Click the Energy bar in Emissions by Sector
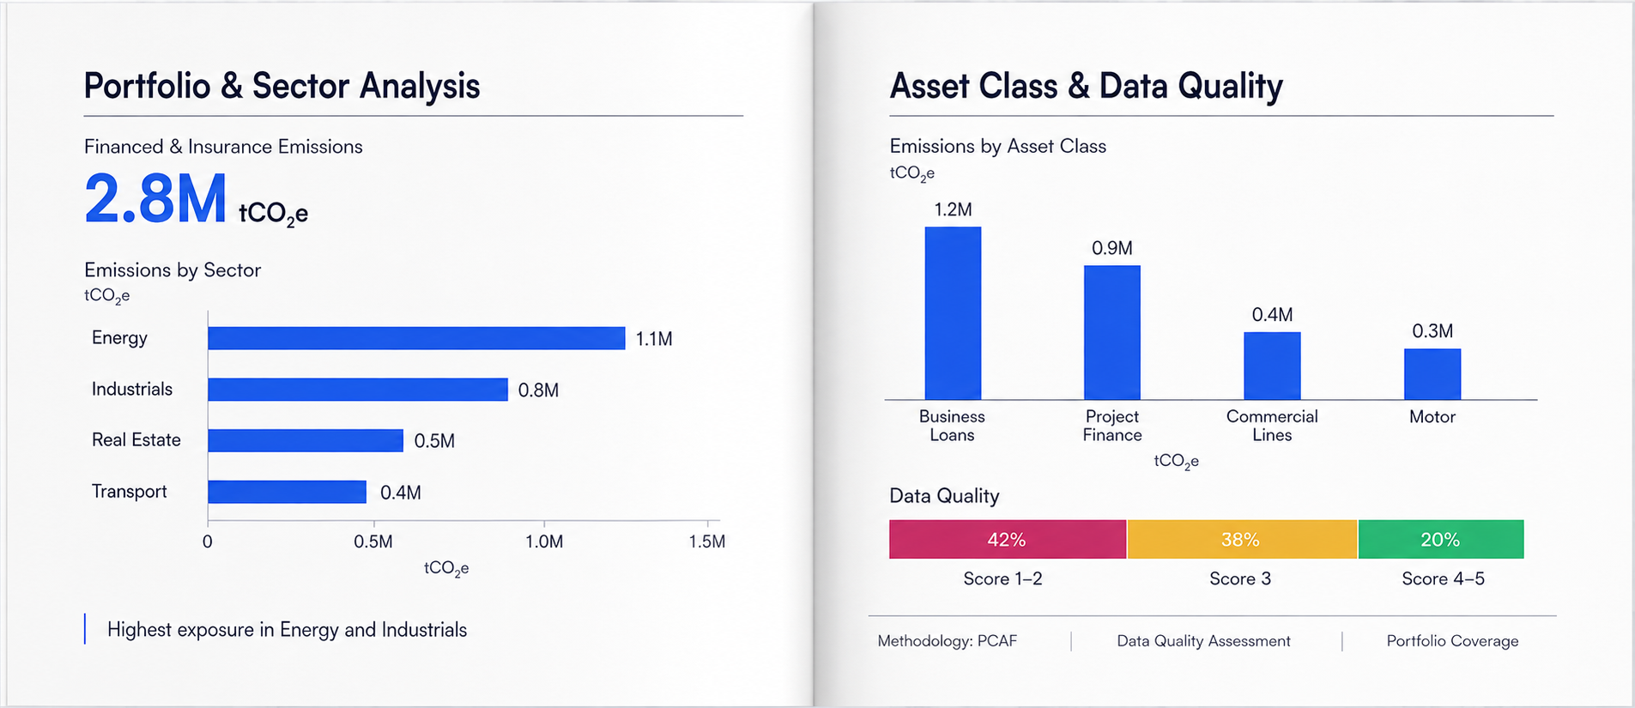coord(416,338)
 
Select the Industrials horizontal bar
coord(358,390)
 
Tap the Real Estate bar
coord(306,440)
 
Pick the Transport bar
coord(287,492)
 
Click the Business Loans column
coord(953,313)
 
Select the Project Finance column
coord(1112,332)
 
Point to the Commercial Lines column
coord(1272,366)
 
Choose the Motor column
coord(1432,374)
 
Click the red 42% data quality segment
coord(1008,539)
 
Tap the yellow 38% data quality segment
coord(1242,539)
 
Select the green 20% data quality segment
coord(1441,539)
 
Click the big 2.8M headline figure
coord(155,198)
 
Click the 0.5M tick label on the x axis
coord(373,542)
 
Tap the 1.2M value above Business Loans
coord(953,209)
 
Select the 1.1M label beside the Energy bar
coord(654,339)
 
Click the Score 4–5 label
coord(1443,579)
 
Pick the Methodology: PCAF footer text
coord(947,641)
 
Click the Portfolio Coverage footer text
coord(1452,641)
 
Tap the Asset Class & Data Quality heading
coord(1086,86)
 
